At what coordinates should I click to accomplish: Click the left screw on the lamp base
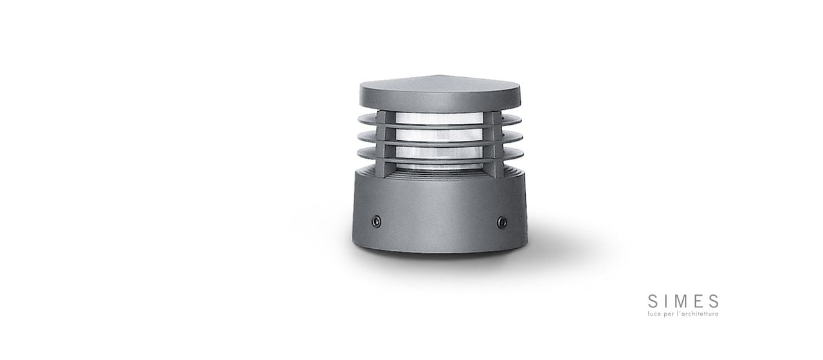click(376, 222)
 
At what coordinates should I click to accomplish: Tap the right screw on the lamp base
click(502, 222)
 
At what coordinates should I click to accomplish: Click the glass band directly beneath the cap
click(439, 118)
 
